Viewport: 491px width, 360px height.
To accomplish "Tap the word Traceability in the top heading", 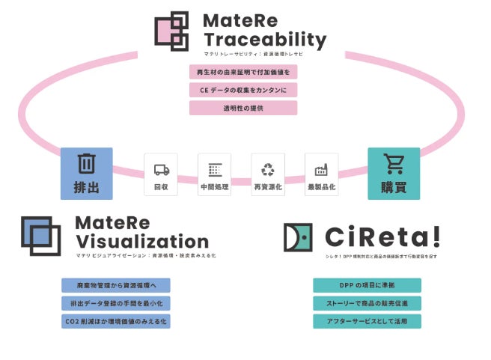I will pos(265,39).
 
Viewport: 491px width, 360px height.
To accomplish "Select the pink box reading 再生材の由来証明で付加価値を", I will pos(243,73).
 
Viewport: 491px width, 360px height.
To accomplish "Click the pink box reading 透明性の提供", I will pos(243,108).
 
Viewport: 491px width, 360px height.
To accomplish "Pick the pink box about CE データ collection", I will pos(243,90).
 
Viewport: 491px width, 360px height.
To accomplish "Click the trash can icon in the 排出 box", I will pos(86,163).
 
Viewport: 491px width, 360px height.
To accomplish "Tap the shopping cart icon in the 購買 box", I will pos(394,163).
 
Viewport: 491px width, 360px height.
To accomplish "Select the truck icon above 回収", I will pos(161,169).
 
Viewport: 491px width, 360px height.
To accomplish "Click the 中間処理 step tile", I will pos(214,174).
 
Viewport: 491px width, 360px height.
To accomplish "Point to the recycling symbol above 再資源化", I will pos(268,169).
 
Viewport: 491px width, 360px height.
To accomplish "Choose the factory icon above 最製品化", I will pos(322,169).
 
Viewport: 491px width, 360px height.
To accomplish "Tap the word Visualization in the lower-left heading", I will pos(141,242).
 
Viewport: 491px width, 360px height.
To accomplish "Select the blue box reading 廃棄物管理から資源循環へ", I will pos(116,285).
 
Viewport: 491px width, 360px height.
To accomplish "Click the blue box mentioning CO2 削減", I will pos(116,321).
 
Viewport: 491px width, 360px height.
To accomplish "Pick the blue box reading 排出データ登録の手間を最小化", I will pos(116,303).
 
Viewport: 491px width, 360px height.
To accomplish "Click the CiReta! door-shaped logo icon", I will pos(298,237).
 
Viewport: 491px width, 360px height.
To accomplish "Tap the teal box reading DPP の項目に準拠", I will pos(367,285).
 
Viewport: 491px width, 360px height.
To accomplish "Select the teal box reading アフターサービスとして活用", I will pos(367,321).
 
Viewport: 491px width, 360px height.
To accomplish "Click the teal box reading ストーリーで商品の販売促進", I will pos(367,303).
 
